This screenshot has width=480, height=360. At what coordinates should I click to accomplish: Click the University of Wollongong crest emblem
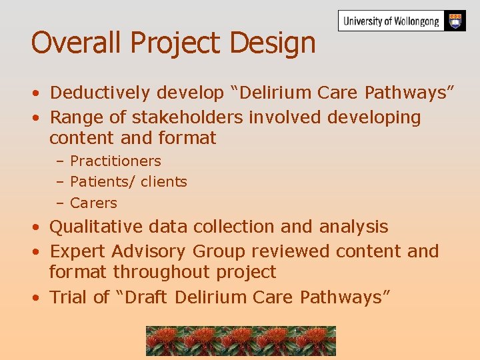pyautogui.click(x=455, y=21)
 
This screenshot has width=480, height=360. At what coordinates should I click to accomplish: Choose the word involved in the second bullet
pyautogui.click(x=285, y=117)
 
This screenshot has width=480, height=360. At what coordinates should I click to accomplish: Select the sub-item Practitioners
pyautogui.click(x=115, y=161)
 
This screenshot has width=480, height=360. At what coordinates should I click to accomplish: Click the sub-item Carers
pyautogui.click(x=93, y=203)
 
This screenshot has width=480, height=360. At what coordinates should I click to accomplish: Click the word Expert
pyautogui.click(x=78, y=251)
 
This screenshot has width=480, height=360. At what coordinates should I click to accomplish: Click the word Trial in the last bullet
pyautogui.click(x=69, y=297)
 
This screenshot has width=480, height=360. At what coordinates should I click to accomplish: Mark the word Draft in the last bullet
pyautogui.click(x=145, y=297)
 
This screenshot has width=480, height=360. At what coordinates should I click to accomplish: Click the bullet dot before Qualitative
pyautogui.click(x=37, y=227)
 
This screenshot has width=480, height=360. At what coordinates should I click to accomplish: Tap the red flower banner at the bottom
pyautogui.click(x=241, y=341)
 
